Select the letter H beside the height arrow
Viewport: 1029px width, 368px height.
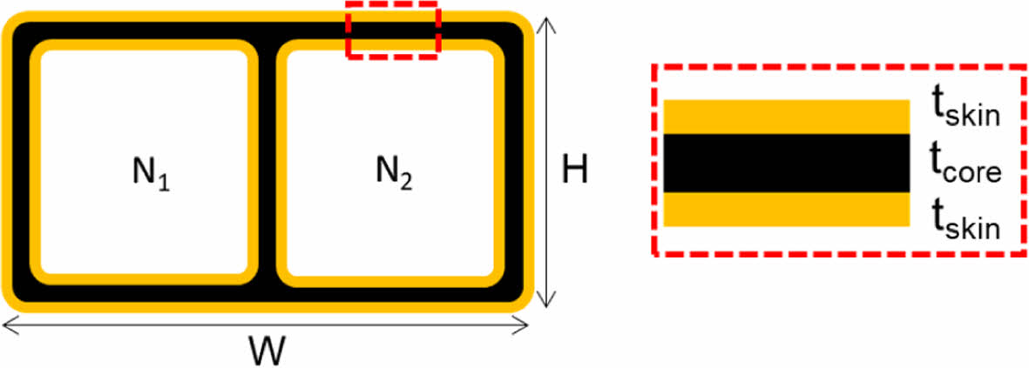[573, 171]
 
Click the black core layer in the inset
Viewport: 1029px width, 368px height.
[787, 163]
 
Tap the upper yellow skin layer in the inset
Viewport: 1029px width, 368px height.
[787, 117]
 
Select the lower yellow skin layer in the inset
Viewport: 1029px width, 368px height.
[787, 210]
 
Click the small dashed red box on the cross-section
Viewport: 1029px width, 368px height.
[393, 30]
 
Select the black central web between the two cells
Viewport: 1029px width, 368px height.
[267, 165]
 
